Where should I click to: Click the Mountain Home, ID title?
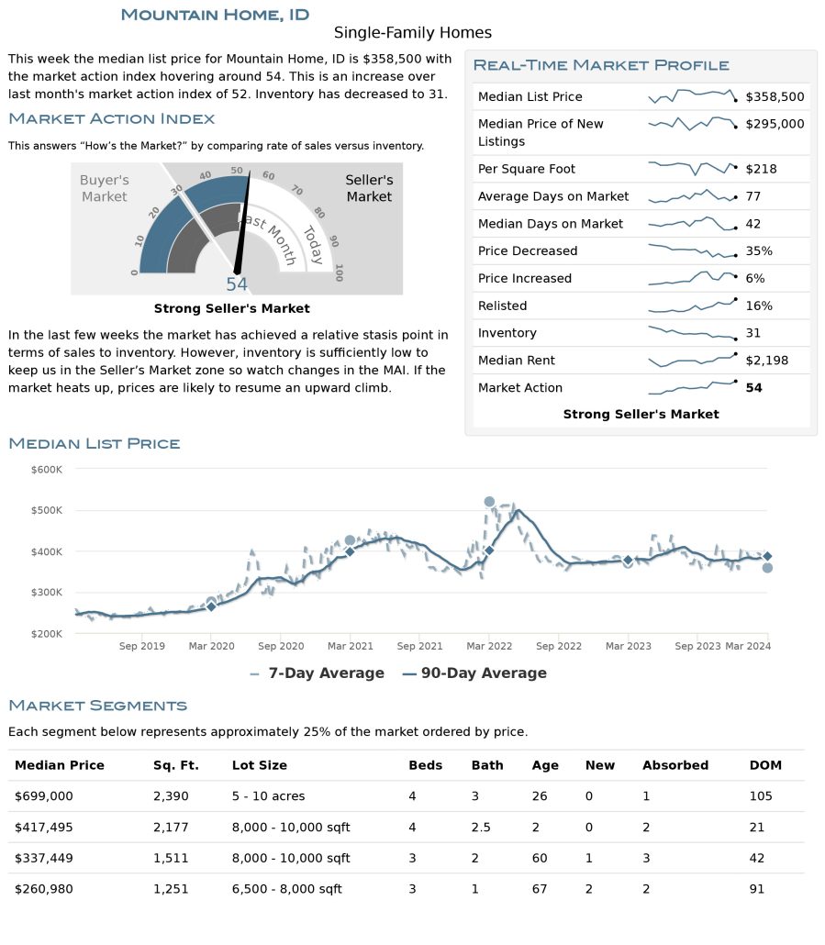(215, 15)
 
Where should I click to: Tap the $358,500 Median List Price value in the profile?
(775, 96)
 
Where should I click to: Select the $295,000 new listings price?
(775, 124)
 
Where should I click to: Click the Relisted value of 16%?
(759, 306)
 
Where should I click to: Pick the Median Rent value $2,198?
(766, 361)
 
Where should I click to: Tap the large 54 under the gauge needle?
(237, 283)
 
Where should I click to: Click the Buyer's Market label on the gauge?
(105, 188)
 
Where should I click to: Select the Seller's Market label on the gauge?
(369, 188)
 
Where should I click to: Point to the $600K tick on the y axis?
(47, 470)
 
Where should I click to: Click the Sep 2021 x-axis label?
(419, 646)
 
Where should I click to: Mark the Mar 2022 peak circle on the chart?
(489, 502)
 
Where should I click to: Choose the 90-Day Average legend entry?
(474, 673)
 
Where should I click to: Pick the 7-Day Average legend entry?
(317, 673)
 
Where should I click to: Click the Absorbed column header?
(674, 765)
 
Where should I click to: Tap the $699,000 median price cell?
(43, 796)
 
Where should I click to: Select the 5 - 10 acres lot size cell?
(268, 796)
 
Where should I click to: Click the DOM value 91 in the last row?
(756, 889)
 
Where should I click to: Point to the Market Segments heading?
(97, 706)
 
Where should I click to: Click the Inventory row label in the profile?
(507, 333)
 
